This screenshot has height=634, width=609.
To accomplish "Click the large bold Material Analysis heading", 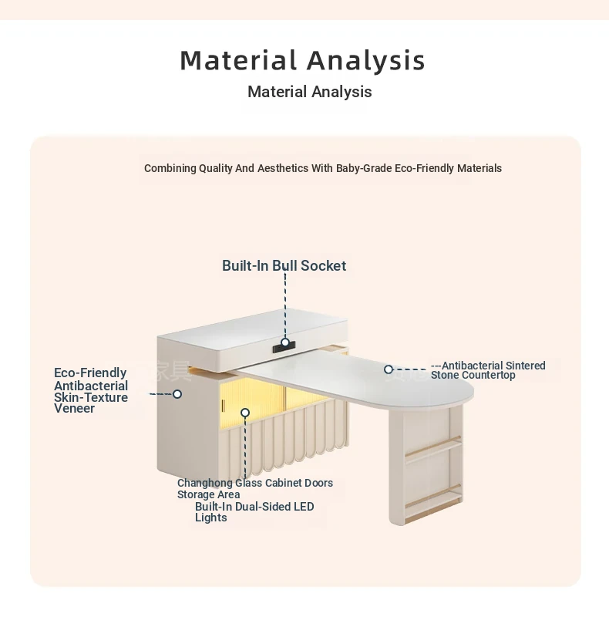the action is point(302,61).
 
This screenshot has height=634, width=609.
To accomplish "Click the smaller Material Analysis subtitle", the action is point(310,92).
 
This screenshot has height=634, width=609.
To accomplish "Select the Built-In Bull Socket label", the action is point(284,265).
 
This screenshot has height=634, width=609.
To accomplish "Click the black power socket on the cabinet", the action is point(284,347).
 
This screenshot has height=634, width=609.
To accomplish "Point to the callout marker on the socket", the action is point(285,342).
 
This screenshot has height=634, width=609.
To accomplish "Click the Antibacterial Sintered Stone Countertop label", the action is point(488,370).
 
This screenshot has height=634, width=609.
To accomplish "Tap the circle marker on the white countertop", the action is point(389,369).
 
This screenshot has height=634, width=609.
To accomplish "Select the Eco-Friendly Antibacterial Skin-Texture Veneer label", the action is point(91,390).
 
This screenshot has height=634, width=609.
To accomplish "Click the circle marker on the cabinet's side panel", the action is point(177,394).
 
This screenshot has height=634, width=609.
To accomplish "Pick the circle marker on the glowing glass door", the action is point(245,413).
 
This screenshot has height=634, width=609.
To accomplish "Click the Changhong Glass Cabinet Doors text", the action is point(255,483).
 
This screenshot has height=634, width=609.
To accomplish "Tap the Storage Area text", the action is point(208,494).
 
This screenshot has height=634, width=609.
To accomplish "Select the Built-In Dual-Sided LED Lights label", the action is point(254,512).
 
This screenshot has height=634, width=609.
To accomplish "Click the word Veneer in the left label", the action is point(74,408).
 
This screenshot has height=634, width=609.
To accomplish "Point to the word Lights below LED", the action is point(211,518).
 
